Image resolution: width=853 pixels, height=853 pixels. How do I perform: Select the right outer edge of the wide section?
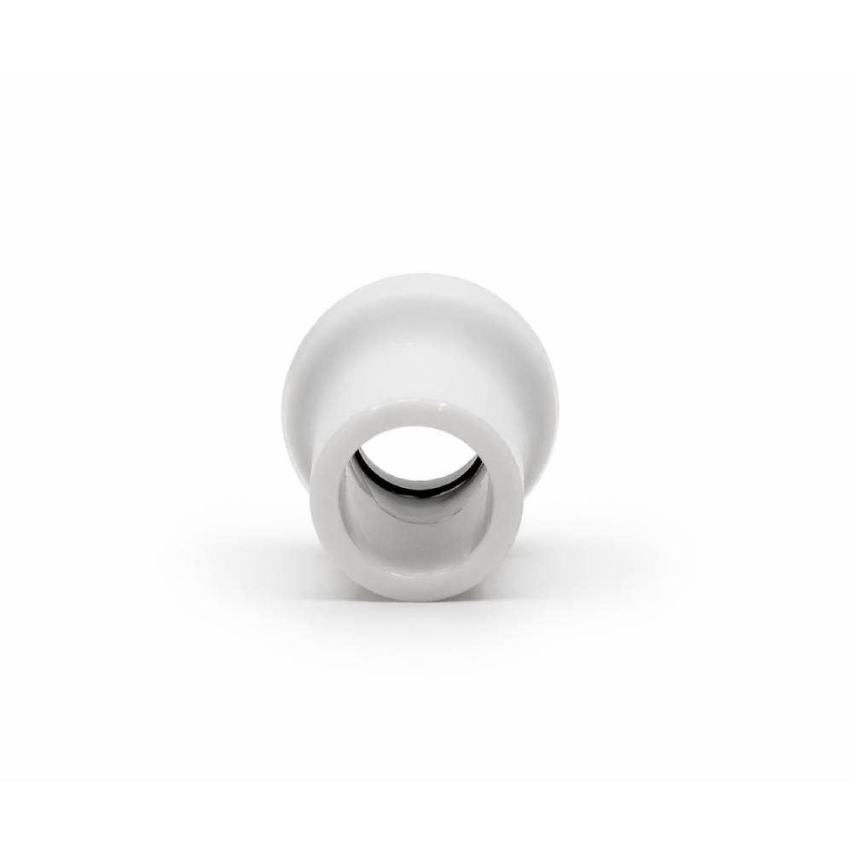click(554, 384)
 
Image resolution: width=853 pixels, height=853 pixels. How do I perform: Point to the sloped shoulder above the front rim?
click(418, 358)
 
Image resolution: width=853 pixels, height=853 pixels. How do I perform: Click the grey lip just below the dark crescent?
click(409, 503)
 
